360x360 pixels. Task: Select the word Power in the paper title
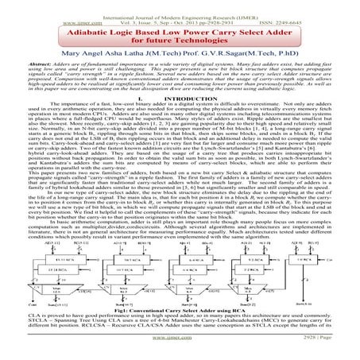195,24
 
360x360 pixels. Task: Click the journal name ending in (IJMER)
180,6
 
